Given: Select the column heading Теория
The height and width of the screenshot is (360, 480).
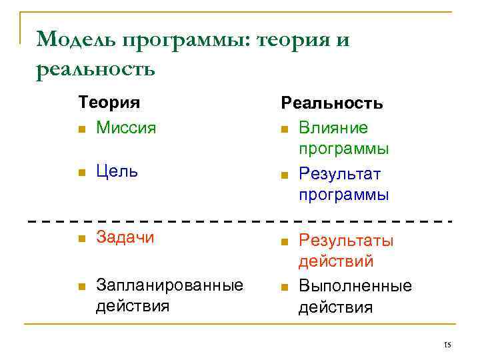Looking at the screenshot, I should point(109,103).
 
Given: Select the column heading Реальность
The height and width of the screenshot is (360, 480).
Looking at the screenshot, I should point(332,103).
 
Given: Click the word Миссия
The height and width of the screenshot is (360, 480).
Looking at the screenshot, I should point(126,127).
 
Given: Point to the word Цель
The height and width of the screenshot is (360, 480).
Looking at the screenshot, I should point(117,171).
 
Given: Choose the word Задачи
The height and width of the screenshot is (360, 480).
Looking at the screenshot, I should point(125,237).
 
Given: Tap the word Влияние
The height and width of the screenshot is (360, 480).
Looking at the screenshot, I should point(333,127).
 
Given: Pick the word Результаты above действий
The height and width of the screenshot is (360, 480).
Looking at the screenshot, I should point(346,240).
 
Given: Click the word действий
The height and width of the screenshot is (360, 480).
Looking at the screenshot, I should point(335,261).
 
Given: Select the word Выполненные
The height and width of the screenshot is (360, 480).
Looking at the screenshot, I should point(355,286).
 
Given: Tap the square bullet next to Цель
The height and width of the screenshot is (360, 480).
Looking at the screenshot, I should point(81,173).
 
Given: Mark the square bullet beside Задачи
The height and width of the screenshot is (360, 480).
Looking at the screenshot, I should point(81,239).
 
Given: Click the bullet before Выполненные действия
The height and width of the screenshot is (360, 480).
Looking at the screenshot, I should point(284,287).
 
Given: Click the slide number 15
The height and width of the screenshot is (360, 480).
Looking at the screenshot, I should point(447,344).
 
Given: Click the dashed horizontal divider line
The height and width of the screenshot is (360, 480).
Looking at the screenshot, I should point(240,219).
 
